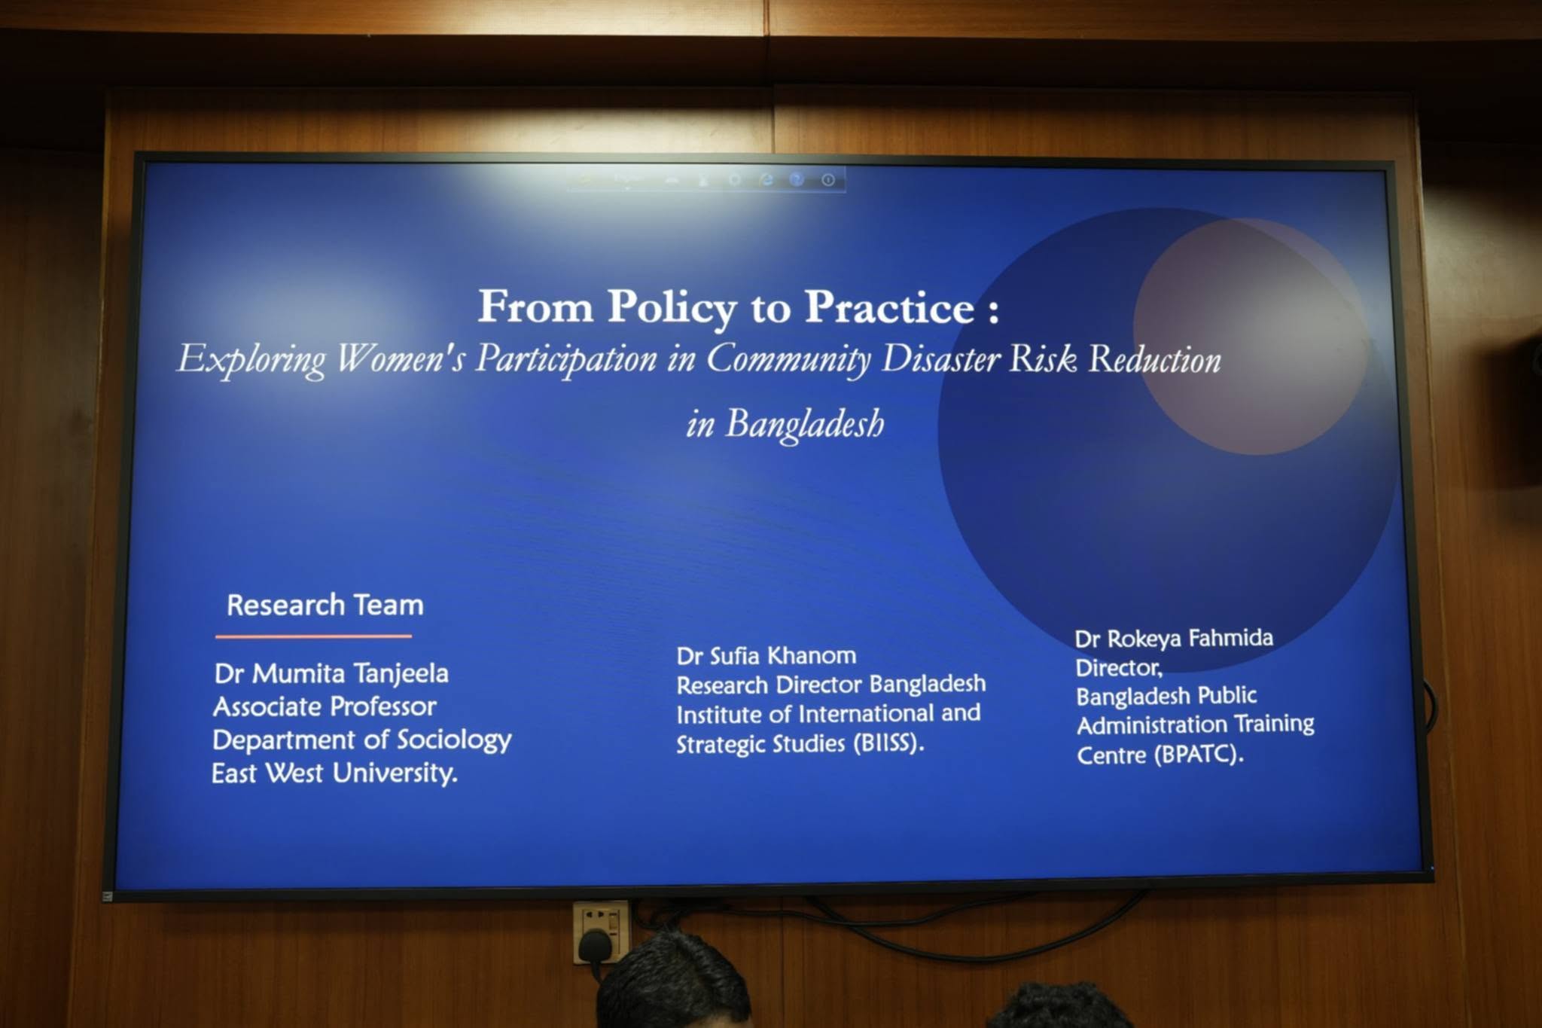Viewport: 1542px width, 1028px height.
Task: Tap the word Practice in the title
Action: pyautogui.click(x=890, y=307)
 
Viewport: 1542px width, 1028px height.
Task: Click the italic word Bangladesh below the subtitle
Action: pyautogui.click(x=805, y=424)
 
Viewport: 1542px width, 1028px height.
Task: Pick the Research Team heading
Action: pyautogui.click(x=325, y=605)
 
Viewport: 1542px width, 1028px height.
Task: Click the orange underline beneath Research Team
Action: pyautogui.click(x=313, y=636)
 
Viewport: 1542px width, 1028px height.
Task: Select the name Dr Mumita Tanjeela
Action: pyautogui.click(x=331, y=673)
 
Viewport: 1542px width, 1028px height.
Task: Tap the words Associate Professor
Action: pyautogui.click(x=325, y=706)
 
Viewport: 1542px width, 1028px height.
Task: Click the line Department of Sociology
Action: pyautogui.click(x=361, y=740)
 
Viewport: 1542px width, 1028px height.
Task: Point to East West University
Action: pyautogui.click(x=334, y=773)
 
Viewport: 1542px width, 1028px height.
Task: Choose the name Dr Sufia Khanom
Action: pyautogui.click(x=766, y=656)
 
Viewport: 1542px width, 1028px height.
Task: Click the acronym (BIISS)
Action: pyautogui.click(x=888, y=744)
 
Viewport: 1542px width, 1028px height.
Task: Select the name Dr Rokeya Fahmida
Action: pyautogui.click(x=1174, y=639)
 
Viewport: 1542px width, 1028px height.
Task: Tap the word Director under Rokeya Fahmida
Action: pyautogui.click(x=1119, y=668)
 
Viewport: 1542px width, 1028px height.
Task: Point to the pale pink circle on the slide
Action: pyautogui.click(x=1251, y=337)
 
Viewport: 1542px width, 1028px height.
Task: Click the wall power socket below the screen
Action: pyautogui.click(x=600, y=932)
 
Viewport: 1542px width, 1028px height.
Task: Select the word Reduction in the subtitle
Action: pyautogui.click(x=1155, y=359)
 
